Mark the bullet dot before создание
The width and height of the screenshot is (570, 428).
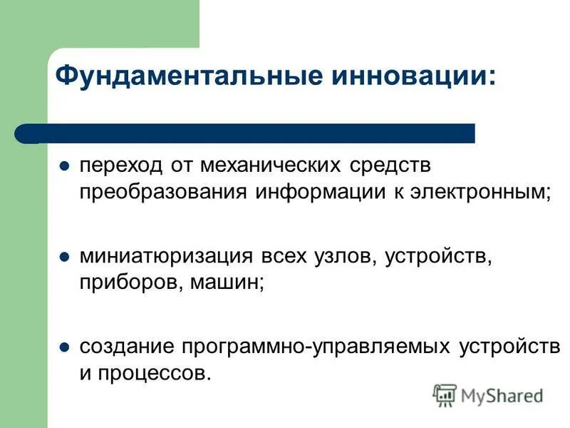63,348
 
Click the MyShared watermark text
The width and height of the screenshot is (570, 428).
502,394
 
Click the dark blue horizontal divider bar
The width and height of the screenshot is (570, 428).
256,133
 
